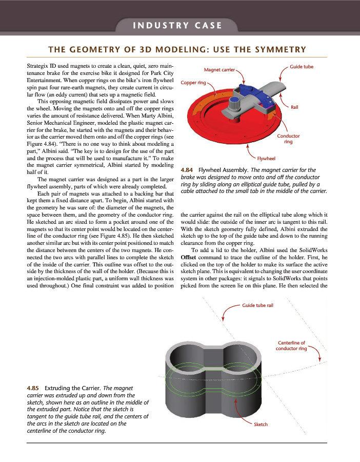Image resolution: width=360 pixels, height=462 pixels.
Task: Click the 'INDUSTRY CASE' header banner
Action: (x=177, y=25)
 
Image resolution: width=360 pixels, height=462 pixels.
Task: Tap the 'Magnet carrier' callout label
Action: (x=219, y=69)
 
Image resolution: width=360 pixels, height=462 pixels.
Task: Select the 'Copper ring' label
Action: (x=193, y=82)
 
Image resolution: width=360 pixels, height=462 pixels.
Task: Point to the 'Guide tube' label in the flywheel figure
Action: (x=302, y=67)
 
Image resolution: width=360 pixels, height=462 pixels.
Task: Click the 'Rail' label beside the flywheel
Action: (x=294, y=107)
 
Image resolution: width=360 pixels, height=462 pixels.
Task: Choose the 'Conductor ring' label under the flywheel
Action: (x=288, y=139)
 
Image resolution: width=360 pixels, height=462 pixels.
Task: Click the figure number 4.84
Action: (x=187, y=169)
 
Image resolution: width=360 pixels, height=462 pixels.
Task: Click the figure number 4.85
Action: (x=34, y=389)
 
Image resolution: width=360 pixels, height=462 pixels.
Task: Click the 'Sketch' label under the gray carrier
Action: (x=261, y=425)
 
